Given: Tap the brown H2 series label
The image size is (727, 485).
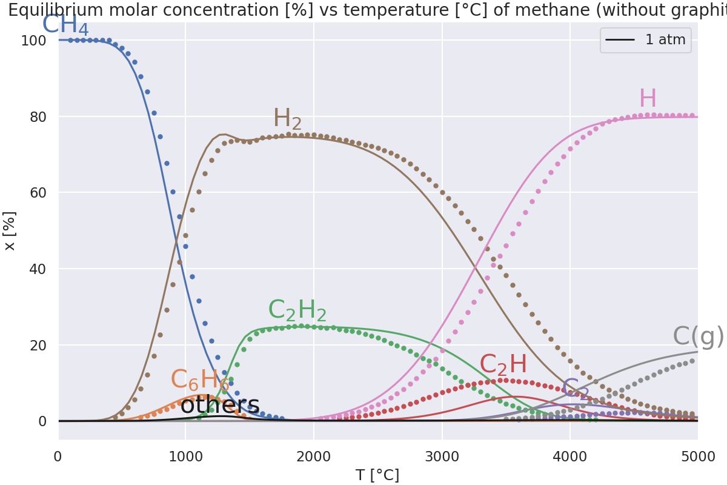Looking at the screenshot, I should (287, 119).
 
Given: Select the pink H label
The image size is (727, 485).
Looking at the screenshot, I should (648, 99).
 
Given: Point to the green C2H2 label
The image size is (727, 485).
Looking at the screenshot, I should (297, 311).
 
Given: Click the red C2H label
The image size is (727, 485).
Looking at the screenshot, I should (503, 365).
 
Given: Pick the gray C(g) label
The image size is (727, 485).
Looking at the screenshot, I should (698, 337).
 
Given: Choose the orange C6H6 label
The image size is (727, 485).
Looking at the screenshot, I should (200, 381).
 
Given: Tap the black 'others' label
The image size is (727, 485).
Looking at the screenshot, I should (220, 406).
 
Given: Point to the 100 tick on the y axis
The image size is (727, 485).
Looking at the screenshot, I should (33, 41).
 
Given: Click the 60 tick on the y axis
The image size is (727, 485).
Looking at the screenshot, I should (38, 193).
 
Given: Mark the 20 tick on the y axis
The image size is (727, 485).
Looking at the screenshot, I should (38, 345).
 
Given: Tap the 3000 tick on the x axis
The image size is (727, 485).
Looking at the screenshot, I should (442, 457).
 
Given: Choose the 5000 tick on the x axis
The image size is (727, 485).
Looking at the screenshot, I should (697, 457).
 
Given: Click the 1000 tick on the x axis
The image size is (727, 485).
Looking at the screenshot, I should (185, 457).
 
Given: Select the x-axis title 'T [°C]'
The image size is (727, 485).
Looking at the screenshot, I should (377, 475).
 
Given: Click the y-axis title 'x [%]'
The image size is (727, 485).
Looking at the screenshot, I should (10, 231).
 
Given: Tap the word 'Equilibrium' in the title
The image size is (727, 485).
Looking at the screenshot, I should (51, 10).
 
